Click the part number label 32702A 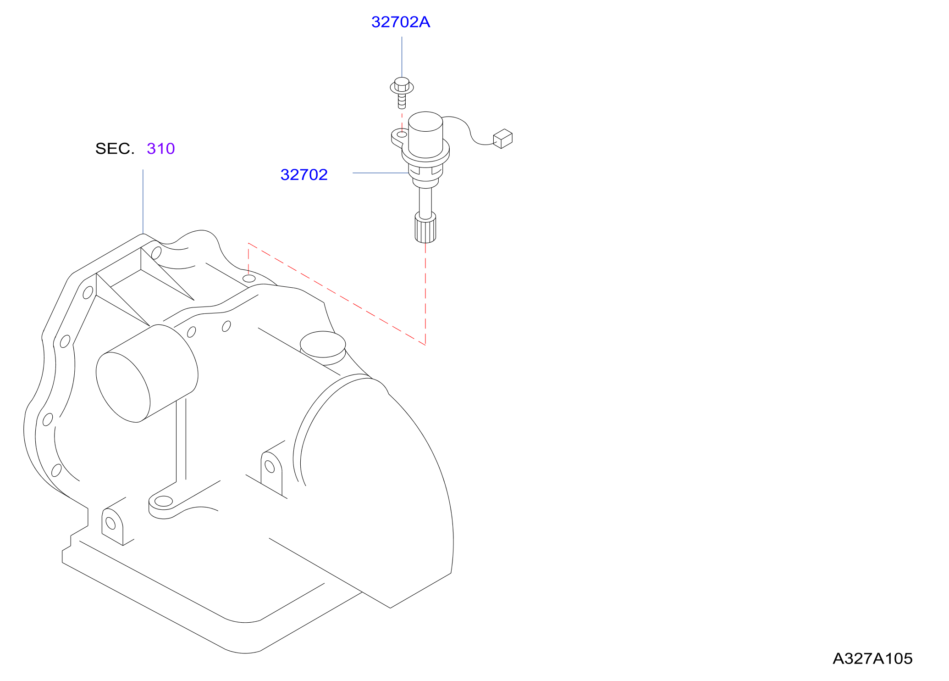[401, 22]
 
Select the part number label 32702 [304, 175]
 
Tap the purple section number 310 [161, 149]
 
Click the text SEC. [115, 149]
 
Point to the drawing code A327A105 [872, 659]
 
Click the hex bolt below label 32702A [402, 92]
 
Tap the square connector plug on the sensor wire [503, 139]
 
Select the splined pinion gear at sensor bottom [425, 227]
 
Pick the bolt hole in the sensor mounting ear [402, 134]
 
